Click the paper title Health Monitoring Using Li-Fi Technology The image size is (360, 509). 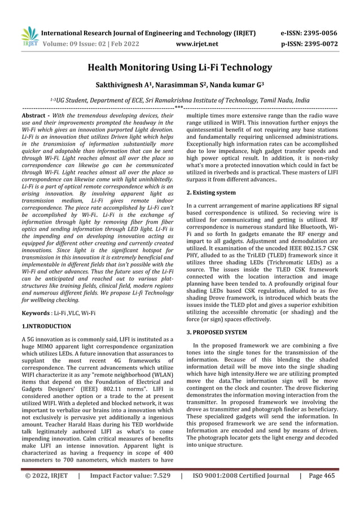coord(179,68)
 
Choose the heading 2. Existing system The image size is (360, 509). coord(211,192)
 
